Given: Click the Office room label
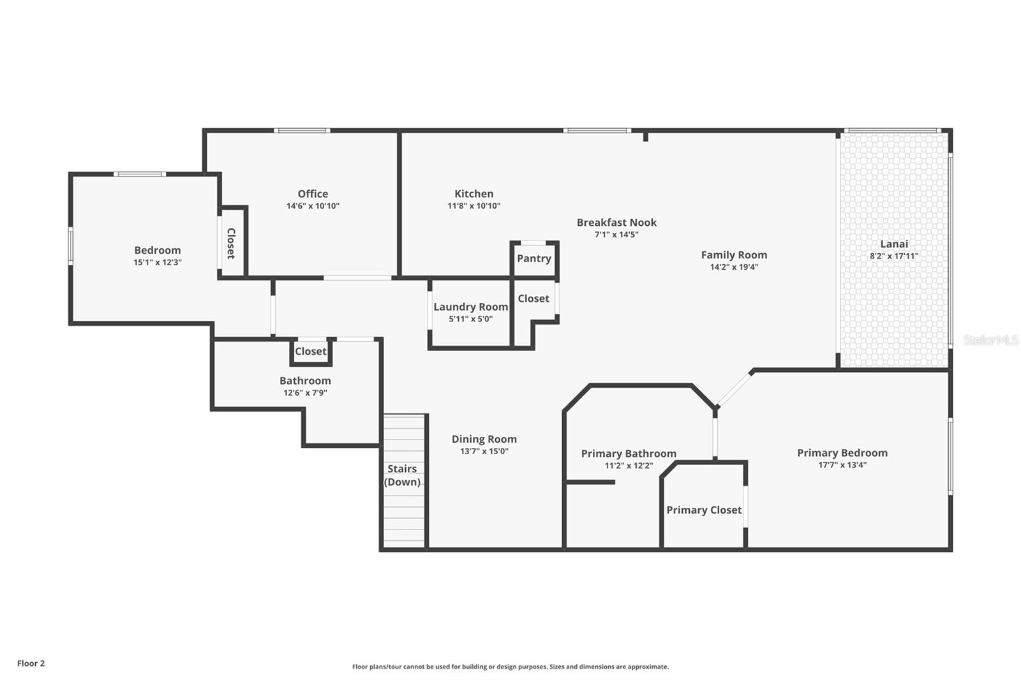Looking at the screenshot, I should (x=313, y=194).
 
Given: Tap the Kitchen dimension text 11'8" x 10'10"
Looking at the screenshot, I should (x=473, y=206).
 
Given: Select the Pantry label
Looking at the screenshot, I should (x=534, y=258).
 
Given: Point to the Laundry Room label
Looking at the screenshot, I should (x=470, y=307).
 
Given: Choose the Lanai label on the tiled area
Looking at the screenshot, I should (x=894, y=244).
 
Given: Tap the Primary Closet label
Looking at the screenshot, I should (x=704, y=510).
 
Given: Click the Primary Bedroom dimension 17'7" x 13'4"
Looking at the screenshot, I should (x=842, y=465).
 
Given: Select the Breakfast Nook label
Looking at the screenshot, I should (x=616, y=223).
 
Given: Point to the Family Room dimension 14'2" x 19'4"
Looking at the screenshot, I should (x=734, y=267).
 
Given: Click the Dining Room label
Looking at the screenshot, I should (x=484, y=439).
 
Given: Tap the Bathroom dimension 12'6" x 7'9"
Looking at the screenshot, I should (x=305, y=393).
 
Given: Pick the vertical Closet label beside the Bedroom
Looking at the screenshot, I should (x=231, y=243).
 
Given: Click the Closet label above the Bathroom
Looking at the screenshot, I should (x=311, y=351).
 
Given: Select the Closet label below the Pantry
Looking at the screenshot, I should (x=533, y=299).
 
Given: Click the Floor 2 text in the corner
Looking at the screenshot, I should (x=31, y=663).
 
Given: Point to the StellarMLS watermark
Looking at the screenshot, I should (x=990, y=341).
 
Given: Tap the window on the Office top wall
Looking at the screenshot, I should (x=302, y=131).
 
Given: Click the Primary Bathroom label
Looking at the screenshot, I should (x=629, y=454).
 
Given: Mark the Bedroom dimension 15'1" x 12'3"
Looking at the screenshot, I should (x=158, y=262).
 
